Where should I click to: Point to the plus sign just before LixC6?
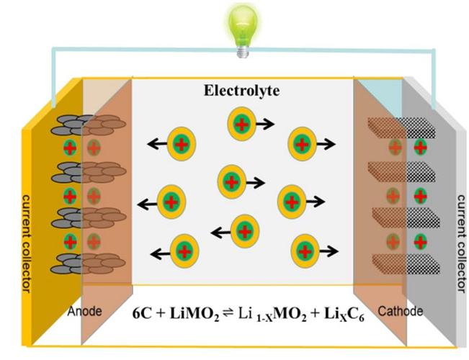308,314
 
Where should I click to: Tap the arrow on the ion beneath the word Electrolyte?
264,125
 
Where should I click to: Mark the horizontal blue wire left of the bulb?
144,51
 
